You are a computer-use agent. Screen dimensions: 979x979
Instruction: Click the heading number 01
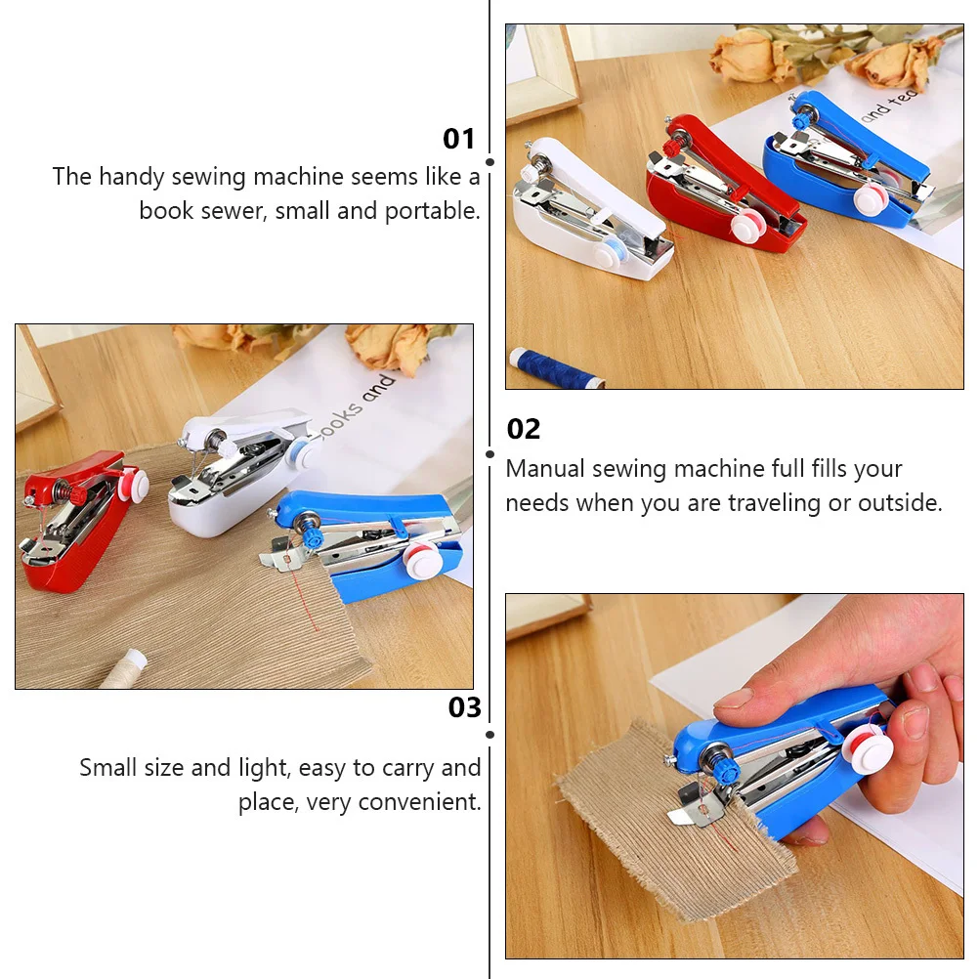(x=458, y=139)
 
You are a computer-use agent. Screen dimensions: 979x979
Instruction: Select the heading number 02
(x=524, y=429)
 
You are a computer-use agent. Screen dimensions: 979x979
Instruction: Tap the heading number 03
(x=465, y=707)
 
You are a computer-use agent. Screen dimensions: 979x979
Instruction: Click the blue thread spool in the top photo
(x=553, y=367)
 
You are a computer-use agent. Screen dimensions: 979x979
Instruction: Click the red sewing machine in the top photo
(x=725, y=186)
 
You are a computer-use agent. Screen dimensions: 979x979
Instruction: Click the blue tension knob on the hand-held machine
(x=725, y=770)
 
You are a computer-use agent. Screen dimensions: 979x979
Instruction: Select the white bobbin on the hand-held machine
(x=867, y=748)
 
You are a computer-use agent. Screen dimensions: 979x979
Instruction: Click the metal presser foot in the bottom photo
(x=697, y=807)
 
